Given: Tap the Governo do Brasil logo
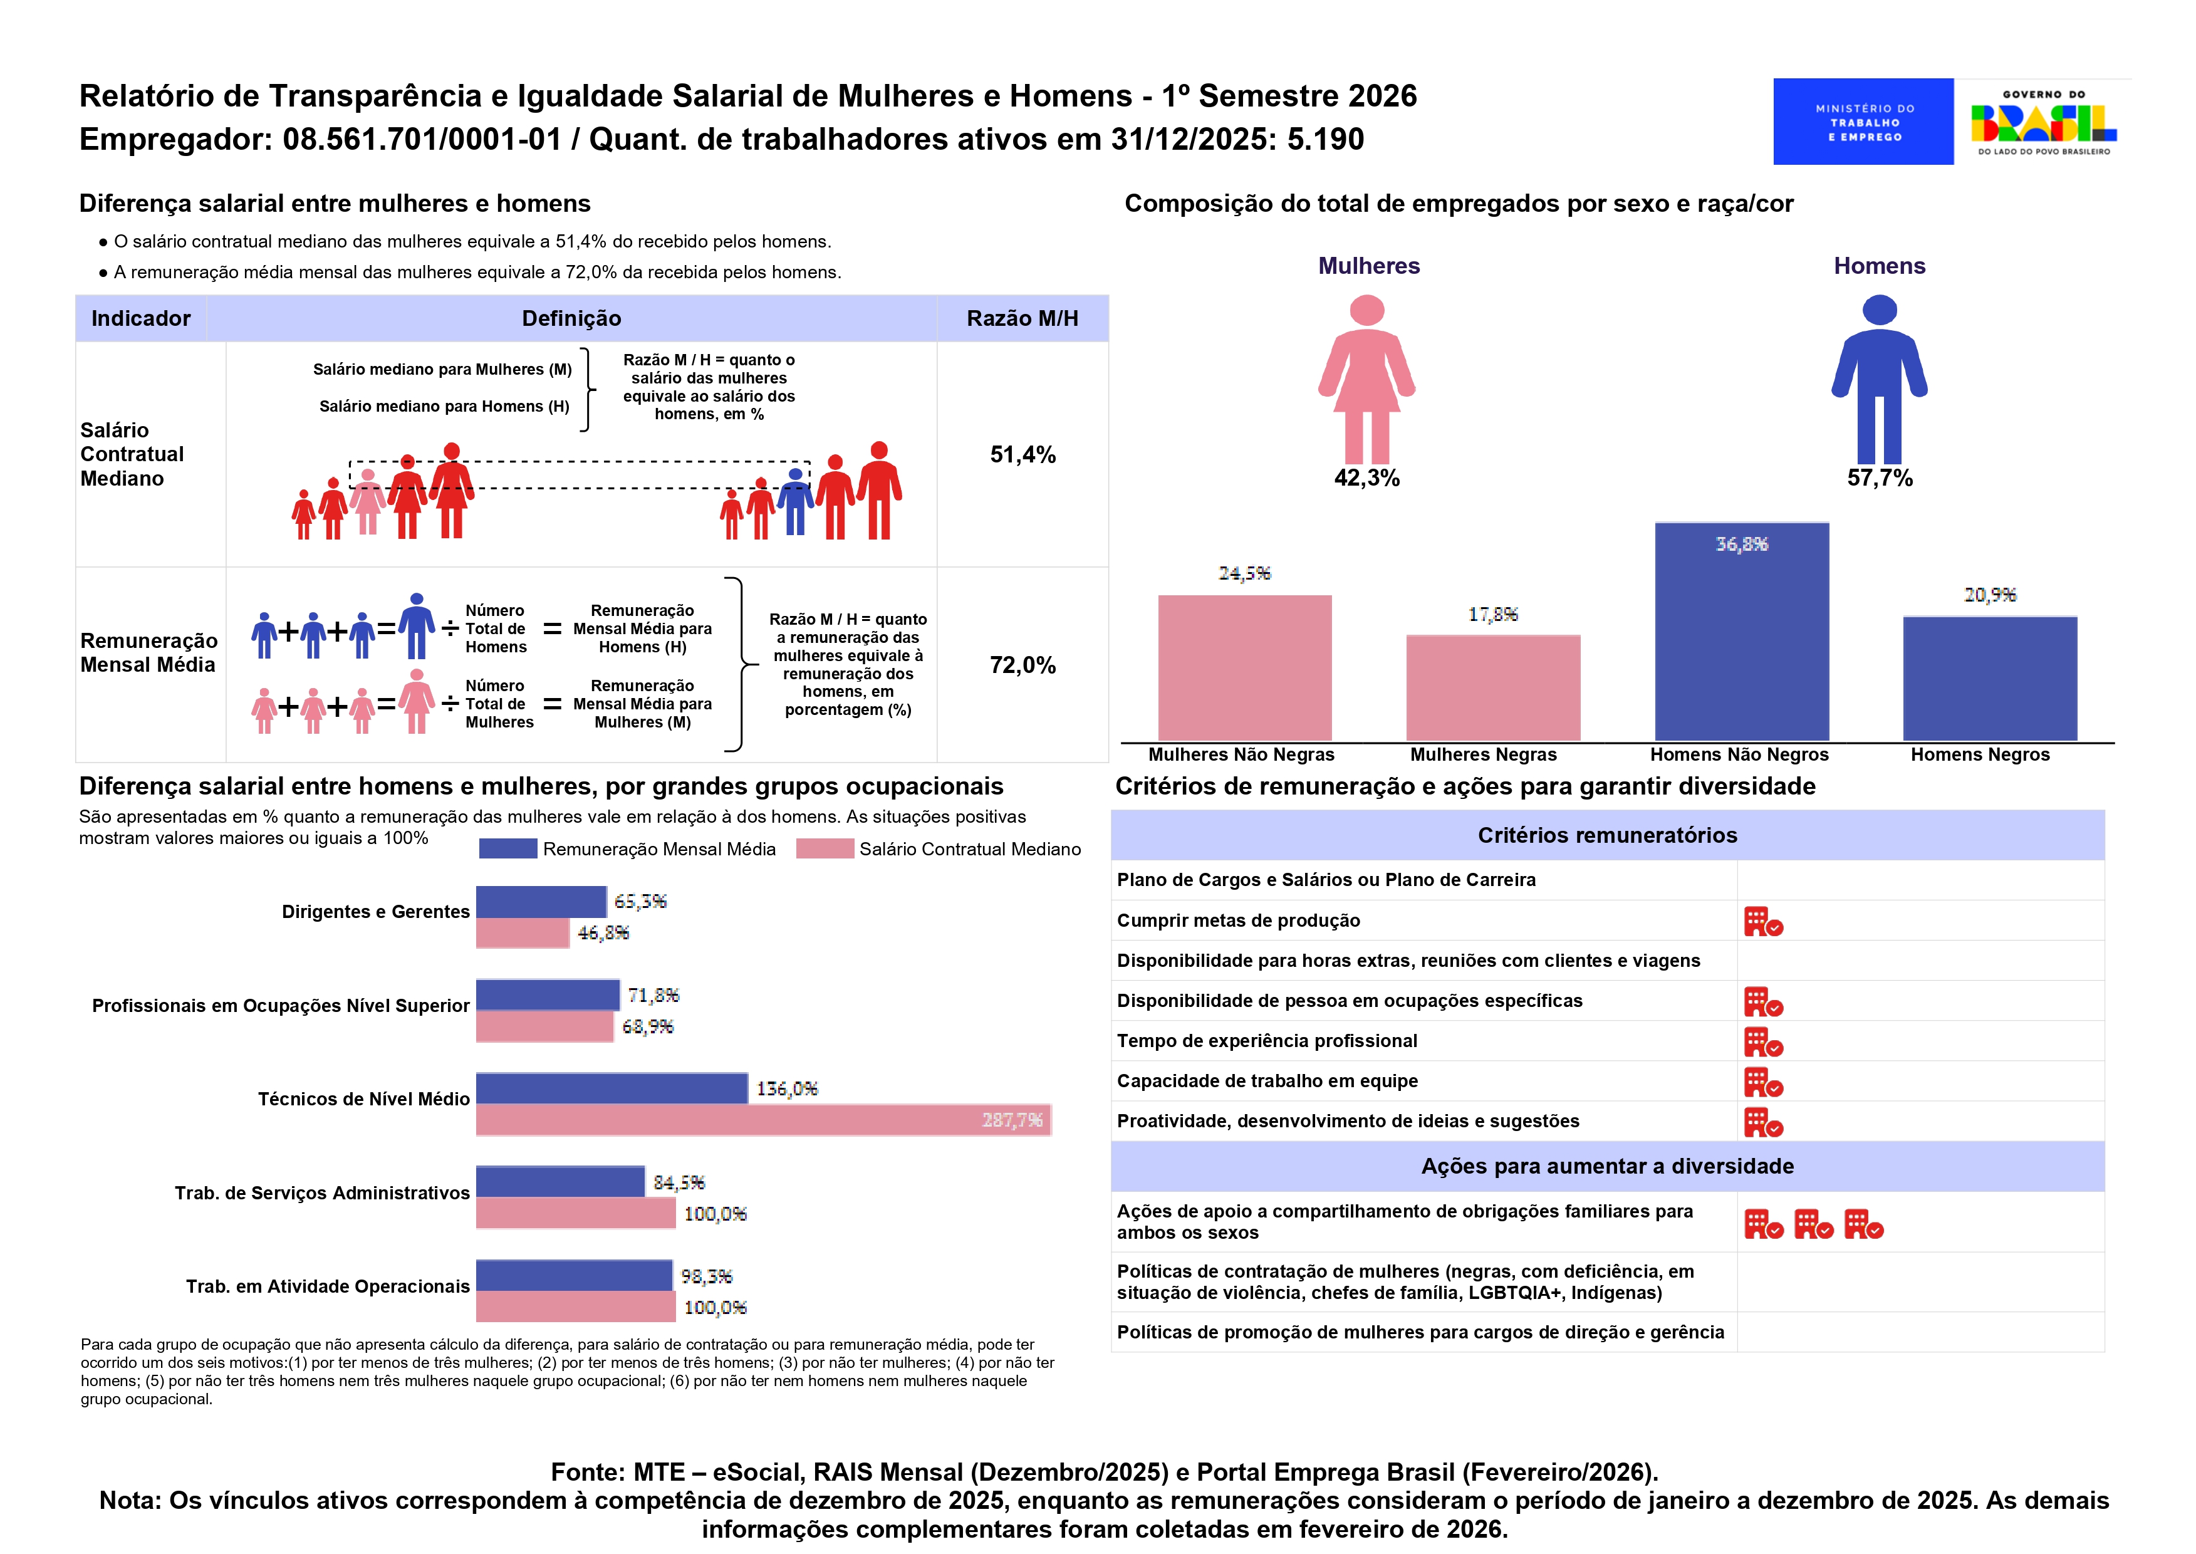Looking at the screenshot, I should click(x=2043, y=122).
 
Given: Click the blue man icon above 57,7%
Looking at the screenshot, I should click(x=1878, y=379).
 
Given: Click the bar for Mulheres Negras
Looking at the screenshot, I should click(x=1492, y=687).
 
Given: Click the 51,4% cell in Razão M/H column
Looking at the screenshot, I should click(x=1022, y=454).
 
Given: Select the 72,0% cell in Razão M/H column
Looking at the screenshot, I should click(x=1022, y=665).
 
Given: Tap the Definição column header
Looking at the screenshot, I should click(x=571, y=319).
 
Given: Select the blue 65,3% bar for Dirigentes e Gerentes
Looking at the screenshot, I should click(x=541, y=902).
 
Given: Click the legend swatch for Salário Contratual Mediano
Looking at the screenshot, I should click(x=824, y=849).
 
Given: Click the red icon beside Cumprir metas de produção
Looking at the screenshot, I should click(x=1762, y=922).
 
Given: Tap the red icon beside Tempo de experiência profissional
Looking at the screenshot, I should click(x=1762, y=1042).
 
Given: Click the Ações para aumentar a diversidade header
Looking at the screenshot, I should click(x=1606, y=1167).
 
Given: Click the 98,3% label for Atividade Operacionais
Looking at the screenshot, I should click(x=706, y=1276).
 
